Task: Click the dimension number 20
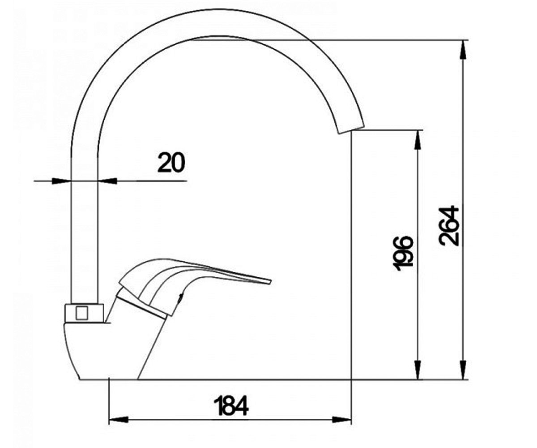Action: pyautogui.click(x=171, y=163)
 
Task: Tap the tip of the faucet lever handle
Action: pyautogui.click(x=271, y=281)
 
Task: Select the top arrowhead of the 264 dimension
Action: pyautogui.click(x=463, y=51)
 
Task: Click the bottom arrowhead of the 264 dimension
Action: pyautogui.click(x=463, y=370)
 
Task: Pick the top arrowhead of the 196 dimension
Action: pyautogui.click(x=418, y=140)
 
